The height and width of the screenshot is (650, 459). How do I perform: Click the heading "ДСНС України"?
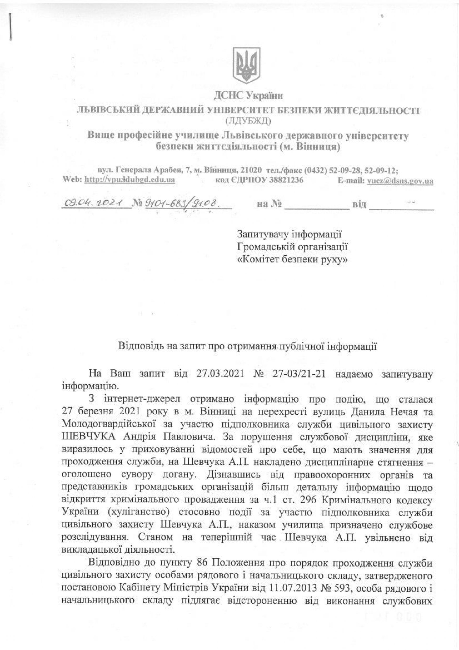click(248, 96)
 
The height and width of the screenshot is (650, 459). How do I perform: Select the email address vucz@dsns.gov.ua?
click(400, 181)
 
